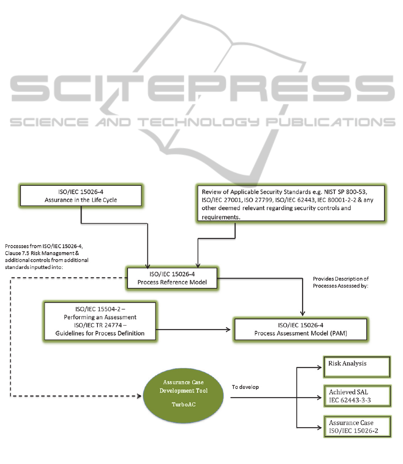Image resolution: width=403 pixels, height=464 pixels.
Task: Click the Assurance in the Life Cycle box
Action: [x=81, y=196]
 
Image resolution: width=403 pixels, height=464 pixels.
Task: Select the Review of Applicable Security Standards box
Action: [x=291, y=203]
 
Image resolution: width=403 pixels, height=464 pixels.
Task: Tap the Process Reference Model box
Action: [x=172, y=278]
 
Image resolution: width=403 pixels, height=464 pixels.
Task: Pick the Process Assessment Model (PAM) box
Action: [x=300, y=330]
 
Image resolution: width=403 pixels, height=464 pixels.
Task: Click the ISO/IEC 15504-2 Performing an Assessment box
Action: [x=100, y=321]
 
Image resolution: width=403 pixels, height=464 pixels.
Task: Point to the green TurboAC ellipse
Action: [x=183, y=395]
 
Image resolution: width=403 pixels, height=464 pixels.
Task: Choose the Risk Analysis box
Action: [x=357, y=367]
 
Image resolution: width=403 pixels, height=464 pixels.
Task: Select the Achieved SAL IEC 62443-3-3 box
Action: [x=357, y=396]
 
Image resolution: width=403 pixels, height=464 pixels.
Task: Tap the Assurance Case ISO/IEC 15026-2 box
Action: [x=357, y=426]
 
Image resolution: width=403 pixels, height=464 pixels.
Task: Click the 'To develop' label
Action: [x=245, y=387]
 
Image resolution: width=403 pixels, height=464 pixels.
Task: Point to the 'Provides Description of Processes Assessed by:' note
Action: [x=341, y=282]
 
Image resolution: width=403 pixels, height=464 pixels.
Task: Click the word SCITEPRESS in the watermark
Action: [x=203, y=88]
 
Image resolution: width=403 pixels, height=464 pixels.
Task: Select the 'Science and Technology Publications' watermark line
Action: [x=203, y=122]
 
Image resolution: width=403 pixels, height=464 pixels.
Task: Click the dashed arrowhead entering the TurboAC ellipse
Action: [x=139, y=396]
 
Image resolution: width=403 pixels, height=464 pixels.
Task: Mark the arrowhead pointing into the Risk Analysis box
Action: [x=319, y=368]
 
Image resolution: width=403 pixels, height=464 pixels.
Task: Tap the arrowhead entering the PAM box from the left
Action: [x=229, y=330]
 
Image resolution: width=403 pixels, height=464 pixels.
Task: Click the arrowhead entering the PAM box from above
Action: [x=302, y=314]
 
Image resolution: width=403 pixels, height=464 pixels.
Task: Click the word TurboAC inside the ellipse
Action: [x=184, y=405]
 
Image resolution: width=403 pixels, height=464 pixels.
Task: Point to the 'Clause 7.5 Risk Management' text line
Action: [x=39, y=253]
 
